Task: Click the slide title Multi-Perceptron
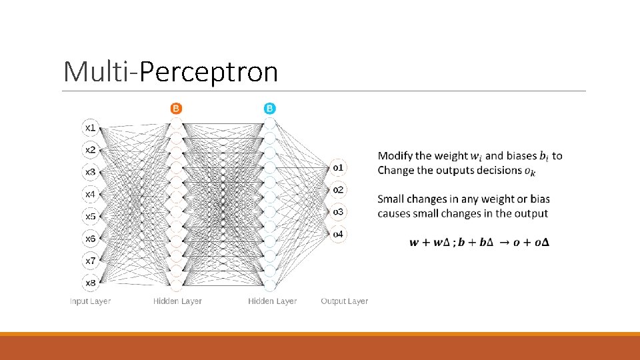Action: point(170,71)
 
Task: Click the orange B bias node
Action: point(176,108)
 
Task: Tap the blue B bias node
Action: point(270,108)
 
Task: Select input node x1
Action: point(91,127)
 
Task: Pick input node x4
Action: point(91,194)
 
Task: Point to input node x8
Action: point(91,283)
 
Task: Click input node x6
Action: point(91,238)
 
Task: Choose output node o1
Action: point(339,167)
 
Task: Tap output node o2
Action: point(339,189)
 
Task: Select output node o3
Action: point(339,211)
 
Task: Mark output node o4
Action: point(339,234)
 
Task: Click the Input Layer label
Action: point(91,301)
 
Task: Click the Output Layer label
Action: point(344,301)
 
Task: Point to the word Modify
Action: point(395,156)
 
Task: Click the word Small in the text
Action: point(391,199)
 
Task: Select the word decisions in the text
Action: point(498,170)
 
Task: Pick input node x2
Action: point(91,149)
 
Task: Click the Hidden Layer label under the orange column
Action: point(177,301)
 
